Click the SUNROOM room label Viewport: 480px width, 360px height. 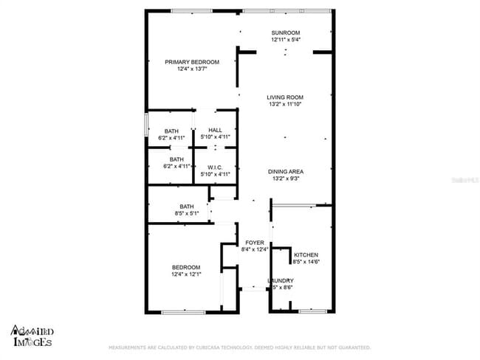(285, 32)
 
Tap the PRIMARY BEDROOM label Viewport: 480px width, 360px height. (192, 62)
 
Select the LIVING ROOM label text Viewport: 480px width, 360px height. (285, 97)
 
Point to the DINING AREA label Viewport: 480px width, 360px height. (285, 171)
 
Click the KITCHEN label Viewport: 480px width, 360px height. (306, 255)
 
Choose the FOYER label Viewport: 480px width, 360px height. (255, 243)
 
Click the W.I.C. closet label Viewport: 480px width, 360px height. (216, 167)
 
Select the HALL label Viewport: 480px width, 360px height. (216, 131)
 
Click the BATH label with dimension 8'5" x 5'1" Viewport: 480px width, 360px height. (186, 207)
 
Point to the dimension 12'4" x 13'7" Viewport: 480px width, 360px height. (192, 69)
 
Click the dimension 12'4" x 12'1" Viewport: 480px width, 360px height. (186, 274)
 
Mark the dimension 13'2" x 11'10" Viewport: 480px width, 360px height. (285, 105)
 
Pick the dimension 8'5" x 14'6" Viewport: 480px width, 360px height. (306, 262)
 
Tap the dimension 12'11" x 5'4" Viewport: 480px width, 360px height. (285, 40)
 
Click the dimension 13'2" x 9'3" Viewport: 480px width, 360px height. (285, 179)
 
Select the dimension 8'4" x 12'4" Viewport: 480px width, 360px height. (255, 250)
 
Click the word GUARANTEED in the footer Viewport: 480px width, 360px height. (352, 347)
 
